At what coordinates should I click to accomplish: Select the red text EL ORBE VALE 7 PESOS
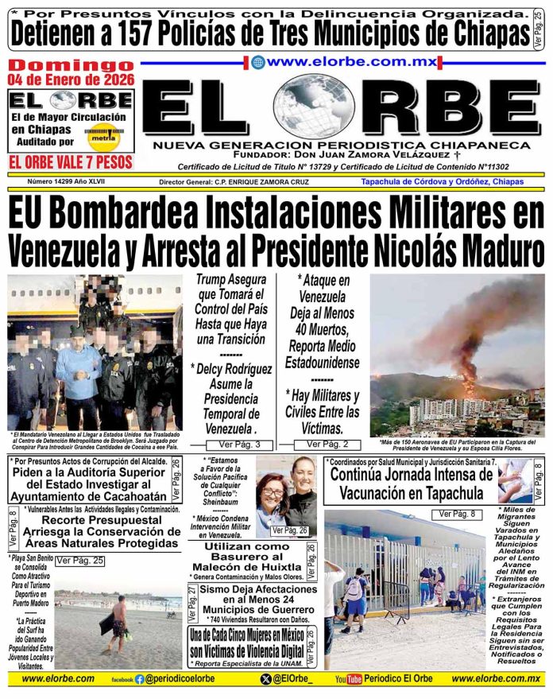pos(70,163)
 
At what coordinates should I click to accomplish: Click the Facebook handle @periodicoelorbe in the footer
pos(187,680)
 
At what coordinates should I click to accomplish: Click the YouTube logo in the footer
pos(350,680)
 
